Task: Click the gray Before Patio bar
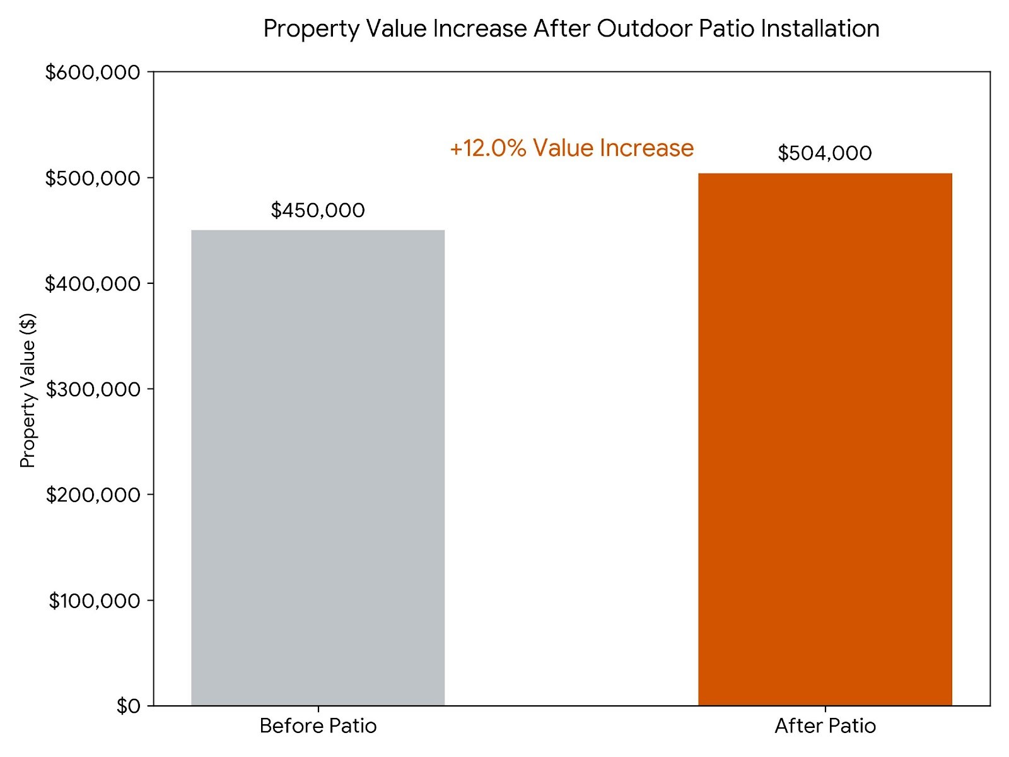(318, 467)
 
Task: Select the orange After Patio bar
(825, 439)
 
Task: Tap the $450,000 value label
(318, 210)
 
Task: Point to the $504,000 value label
(825, 153)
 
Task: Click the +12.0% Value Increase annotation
(571, 148)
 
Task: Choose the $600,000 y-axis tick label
(93, 73)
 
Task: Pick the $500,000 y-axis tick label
(93, 179)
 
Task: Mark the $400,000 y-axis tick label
(93, 284)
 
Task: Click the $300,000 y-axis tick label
(93, 389)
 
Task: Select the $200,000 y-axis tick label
(93, 495)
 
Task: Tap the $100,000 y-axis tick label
(95, 601)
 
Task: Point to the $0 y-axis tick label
(128, 706)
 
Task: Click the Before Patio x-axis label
(318, 726)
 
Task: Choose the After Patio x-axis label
(825, 726)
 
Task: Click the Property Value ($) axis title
(28, 390)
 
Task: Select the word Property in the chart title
(311, 29)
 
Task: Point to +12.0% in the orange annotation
(487, 148)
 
